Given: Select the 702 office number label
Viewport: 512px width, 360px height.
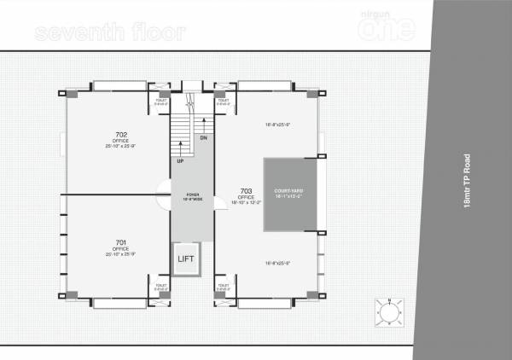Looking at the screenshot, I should point(121,135).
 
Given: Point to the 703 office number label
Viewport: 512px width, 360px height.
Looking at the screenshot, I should point(246,191).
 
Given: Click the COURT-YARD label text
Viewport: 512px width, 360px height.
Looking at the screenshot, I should point(289,190).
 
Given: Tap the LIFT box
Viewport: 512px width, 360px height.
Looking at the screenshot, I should point(186,258).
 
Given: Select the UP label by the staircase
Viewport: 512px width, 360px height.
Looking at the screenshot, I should point(180,160).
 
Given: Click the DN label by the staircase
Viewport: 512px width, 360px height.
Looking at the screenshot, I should point(203,136).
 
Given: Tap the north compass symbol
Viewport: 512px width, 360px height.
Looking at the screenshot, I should point(389,313).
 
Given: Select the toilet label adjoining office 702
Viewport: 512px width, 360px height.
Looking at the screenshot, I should point(158,102).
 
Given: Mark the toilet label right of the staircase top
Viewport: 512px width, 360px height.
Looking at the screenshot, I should point(224,102).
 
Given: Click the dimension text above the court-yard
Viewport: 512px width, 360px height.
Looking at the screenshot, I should point(279,125).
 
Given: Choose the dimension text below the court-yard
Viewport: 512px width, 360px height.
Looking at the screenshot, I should point(279,263).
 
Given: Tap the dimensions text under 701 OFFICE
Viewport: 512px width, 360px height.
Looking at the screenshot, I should point(121,253).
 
